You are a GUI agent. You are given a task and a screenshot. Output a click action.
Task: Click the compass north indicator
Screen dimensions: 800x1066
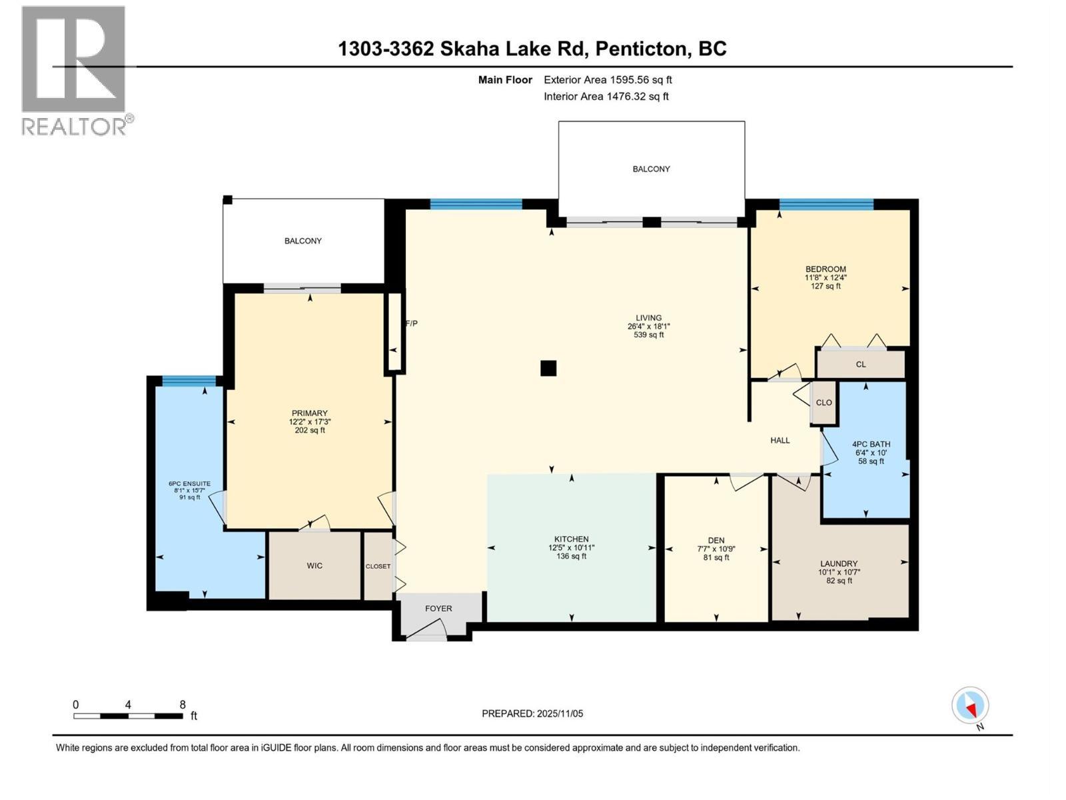pos(970,705)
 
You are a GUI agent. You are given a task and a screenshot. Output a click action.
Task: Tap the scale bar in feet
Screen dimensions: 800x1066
pos(128,716)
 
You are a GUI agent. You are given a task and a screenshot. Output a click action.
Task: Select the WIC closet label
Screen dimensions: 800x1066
pos(314,565)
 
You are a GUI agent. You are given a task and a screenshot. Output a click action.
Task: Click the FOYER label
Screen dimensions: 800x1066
pos(438,608)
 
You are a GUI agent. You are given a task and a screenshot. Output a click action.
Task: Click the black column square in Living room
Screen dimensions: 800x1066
pos(548,368)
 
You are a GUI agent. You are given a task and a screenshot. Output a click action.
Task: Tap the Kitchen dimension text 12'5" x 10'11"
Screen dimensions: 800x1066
pos(571,547)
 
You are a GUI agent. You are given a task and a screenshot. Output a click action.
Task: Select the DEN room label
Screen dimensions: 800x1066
pos(716,541)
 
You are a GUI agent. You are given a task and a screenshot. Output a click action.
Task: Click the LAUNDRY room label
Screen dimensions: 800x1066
pos(838,563)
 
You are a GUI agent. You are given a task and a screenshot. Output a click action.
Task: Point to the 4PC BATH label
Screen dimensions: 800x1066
pos(871,444)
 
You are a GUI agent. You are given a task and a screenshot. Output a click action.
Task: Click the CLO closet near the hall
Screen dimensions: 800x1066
pos(824,403)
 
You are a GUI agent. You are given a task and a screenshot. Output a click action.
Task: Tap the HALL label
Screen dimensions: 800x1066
pos(780,440)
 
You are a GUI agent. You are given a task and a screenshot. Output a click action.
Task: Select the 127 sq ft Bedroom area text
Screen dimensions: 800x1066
pos(825,286)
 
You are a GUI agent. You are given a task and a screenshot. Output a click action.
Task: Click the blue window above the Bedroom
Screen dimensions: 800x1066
pos(826,204)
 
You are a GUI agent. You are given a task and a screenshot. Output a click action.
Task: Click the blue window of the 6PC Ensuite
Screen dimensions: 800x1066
pos(189,381)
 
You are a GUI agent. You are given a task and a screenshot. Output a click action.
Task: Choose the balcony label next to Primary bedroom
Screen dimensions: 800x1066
pos(303,241)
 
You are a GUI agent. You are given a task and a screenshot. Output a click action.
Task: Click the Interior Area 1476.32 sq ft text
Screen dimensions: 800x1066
pos(606,96)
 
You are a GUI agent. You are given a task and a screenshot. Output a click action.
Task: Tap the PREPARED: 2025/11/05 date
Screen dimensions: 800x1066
pos(532,713)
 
